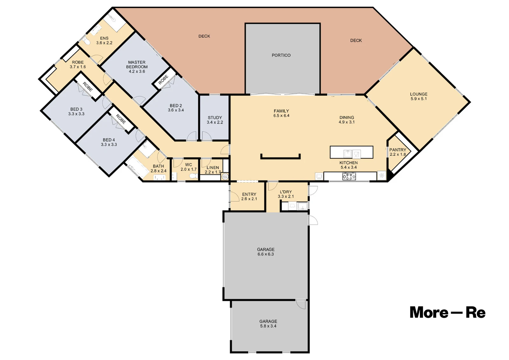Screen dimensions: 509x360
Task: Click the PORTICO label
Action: coord(281,55)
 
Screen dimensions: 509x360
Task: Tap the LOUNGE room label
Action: coord(419,94)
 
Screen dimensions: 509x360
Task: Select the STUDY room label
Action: coord(215,118)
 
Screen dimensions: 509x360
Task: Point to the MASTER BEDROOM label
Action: coord(137,65)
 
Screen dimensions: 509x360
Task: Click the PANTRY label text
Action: coord(398,150)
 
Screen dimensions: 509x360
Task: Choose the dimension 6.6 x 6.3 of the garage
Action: coord(266,254)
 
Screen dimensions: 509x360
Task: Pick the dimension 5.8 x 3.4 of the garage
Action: coord(268,326)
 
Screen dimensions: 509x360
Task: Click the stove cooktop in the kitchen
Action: coord(349,176)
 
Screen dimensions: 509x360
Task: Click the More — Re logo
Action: coord(447,313)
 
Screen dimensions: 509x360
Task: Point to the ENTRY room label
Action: coord(249,194)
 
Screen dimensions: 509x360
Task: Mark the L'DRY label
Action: coord(286,192)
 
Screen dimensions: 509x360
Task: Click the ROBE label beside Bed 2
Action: coord(164,80)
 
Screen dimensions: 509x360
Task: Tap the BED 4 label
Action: coord(109,140)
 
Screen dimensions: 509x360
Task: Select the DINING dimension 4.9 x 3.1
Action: coord(346,122)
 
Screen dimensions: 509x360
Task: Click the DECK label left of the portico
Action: coord(204,36)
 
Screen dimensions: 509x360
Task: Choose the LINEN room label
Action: coord(213,168)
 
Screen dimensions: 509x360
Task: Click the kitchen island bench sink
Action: coord(348,154)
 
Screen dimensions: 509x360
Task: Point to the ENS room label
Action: coord(104,38)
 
